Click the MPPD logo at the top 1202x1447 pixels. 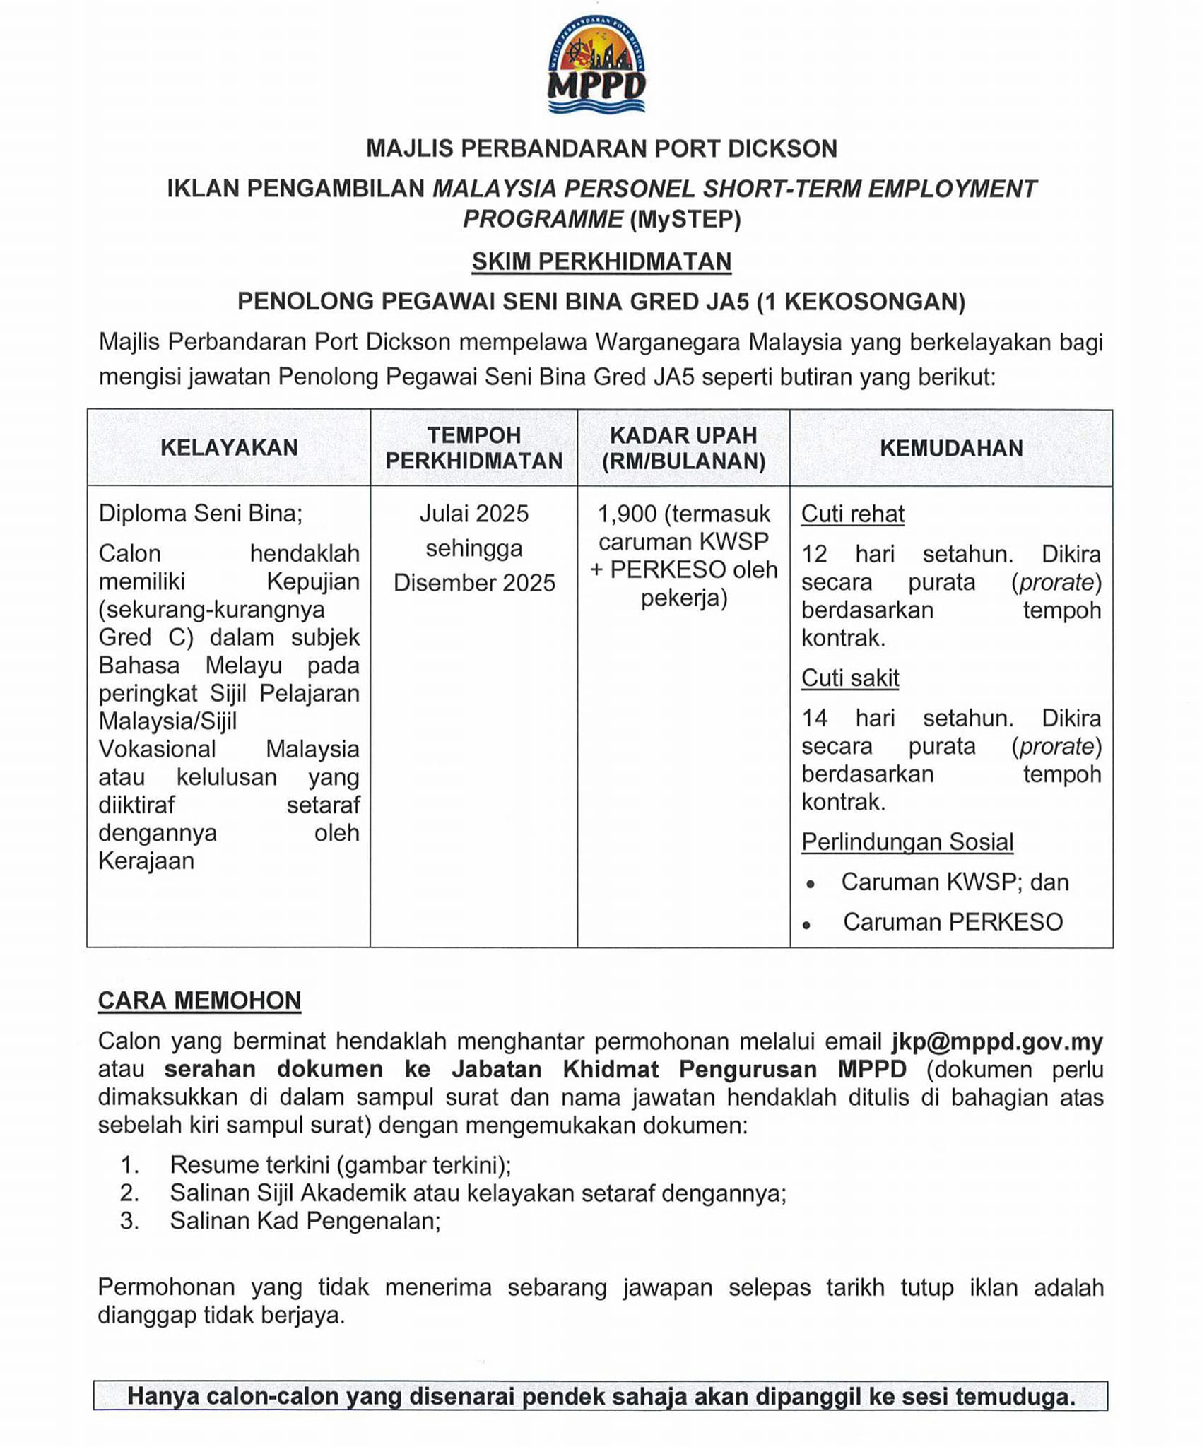click(597, 65)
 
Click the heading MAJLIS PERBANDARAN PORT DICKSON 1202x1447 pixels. click(601, 148)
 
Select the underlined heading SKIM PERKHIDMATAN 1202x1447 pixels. click(601, 261)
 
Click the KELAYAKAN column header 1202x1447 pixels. click(229, 447)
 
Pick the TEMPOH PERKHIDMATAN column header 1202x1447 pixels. click(473, 448)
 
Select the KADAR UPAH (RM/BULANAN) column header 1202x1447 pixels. click(683, 448)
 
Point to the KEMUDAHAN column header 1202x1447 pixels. click(951, 447)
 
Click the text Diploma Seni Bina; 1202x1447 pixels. click(200, 513)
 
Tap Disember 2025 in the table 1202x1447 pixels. click(474, 582)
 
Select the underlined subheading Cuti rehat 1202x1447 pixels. click(852, 514)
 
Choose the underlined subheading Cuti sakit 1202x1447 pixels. click(849, 678)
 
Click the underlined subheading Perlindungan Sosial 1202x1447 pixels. click(907, 841)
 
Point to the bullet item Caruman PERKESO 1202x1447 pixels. click(952, 921)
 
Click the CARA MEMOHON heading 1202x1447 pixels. click(199, 1000)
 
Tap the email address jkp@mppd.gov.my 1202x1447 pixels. click(996, 1041)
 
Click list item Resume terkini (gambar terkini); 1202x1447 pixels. click(340, 1164)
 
